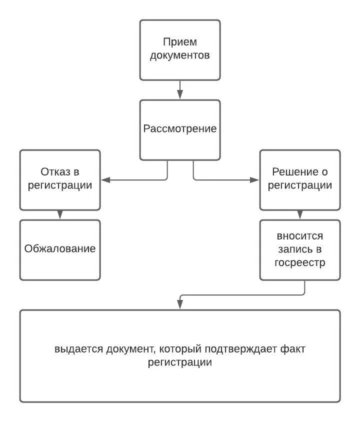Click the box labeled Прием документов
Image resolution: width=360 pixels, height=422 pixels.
coord(179,50)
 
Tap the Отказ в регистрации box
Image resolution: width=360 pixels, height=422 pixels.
coord(59,179)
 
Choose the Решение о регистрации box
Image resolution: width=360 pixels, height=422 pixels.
coord(299,179)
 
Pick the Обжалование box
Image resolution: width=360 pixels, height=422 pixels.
coord(59,249)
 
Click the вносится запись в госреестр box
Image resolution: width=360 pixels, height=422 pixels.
coord(299,249)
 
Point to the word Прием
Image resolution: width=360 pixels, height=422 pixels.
coord(179,42)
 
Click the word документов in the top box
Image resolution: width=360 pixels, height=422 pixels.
coord(179,55)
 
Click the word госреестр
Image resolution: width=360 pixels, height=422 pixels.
coord(299,262)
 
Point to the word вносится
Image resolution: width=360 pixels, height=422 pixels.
coord(299,235)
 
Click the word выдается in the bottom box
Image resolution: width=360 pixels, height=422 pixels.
coord(78,348)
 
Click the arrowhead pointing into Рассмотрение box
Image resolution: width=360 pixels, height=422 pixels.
coord(180,95)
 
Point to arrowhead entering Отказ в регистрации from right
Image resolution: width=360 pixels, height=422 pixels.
coord(104,179)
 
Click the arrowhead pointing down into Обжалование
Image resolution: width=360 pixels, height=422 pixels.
coord(60,215)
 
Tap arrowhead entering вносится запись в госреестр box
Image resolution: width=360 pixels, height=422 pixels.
coord(300,215)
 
